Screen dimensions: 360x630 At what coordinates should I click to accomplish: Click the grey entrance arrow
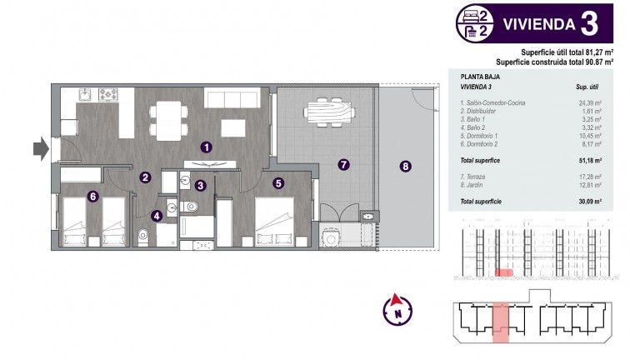coord(40,149)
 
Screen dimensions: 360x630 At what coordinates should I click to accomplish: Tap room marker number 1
coord(206,147)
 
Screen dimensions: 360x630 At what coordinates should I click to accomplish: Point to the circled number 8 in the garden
coord(406,166)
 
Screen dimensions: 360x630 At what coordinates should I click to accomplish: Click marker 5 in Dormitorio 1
coord(278,182)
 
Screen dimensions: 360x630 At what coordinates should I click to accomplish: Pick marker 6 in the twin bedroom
coord(92,197)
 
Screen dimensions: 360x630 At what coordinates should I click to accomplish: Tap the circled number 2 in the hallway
coord(144,177)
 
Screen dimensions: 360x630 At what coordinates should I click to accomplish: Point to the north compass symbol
coord(398,312)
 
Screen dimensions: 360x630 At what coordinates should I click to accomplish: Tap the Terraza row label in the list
coord(476,177)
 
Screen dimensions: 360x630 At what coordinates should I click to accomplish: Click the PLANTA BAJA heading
coord(479,76)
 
